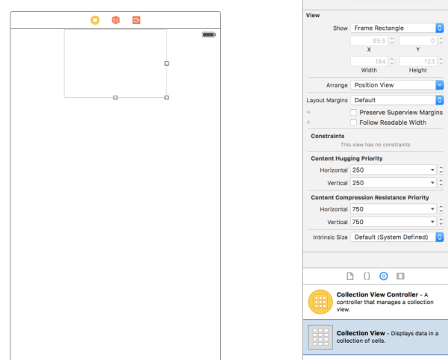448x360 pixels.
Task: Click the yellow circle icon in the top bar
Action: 95,20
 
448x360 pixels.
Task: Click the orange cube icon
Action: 116,20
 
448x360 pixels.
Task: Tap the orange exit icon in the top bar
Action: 137,20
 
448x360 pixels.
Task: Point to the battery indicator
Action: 208,34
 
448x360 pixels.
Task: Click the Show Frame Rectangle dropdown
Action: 397,28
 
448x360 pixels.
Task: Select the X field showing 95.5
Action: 369,41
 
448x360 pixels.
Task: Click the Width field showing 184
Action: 369,61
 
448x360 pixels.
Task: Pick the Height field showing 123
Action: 418,61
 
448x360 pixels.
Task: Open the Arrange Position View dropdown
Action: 397,85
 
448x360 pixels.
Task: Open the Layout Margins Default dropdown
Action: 397,100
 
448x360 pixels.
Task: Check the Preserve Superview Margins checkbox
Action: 353,112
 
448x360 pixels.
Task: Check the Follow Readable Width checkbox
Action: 353,122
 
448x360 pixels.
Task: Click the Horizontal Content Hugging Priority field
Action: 393,170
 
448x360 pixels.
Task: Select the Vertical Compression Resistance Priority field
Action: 393,222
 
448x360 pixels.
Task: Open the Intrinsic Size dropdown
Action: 397,237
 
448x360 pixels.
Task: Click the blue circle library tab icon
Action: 384,276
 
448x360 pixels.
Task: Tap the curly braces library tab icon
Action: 367,276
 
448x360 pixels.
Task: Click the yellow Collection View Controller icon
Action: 320,302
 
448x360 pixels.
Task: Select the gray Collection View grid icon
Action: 320,337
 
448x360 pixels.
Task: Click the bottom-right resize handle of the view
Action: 167,98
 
